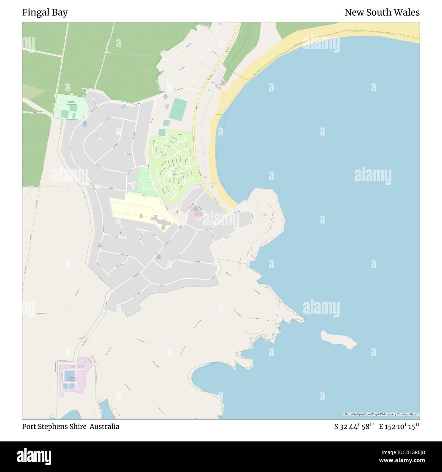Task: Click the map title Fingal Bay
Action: (x=45, y=13)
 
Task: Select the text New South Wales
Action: (x=382, y=13)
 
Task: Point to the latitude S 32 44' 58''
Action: (x=354, y=426)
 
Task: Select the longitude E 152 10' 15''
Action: (x=399, y=426)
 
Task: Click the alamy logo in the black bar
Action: (x=34, y=456)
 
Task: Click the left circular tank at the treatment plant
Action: (x=65, y=386)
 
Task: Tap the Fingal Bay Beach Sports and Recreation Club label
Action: (x=71, y=103)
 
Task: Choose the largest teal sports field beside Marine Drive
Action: (x=177, y=109)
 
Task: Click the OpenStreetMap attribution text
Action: (x=380, y=414)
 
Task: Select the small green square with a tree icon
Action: (x=208, y=90)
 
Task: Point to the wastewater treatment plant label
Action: (x=72, y=379)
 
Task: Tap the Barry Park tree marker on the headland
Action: (x=265, y=215)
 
